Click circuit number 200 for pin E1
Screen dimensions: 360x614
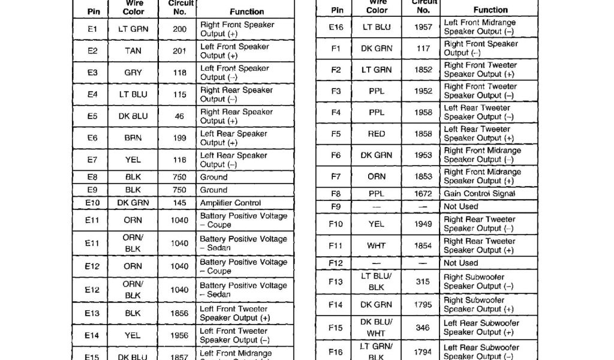click(179, 29)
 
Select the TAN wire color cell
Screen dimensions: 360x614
click(133, 51)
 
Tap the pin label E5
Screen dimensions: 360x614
click(92, 116)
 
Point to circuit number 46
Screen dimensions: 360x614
click(179, 116)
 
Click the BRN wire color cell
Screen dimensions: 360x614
click(133, 138)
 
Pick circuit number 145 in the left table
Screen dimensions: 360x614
click(179, 203)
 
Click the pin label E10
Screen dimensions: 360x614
click(92, 203)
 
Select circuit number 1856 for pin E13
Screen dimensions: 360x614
click(179, 313)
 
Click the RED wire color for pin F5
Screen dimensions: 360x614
click(377, 134)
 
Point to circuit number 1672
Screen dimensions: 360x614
click(423, 194)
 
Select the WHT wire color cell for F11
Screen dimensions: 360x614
click(377, 245)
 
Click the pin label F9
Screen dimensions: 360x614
click(336, 206)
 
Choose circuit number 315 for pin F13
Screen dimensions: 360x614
click(423, 281)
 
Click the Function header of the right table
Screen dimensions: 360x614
click(490, 10)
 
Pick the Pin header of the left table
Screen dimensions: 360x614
click(93, 11)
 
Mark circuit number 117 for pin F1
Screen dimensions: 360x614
click(423, 49)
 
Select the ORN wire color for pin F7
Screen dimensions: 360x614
click(377, 176)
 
